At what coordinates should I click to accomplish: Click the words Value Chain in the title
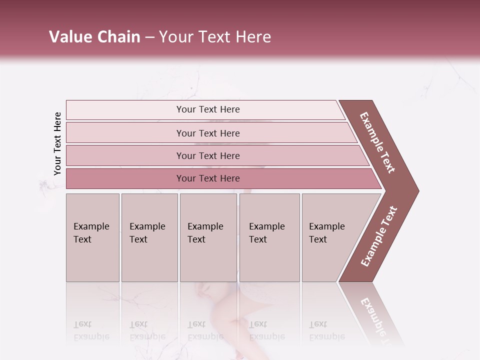click(94, 37)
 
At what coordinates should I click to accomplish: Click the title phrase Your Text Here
click(215, 37)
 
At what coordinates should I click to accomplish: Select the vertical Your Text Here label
click(57, 143)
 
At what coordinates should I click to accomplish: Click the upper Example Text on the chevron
click(377, 142)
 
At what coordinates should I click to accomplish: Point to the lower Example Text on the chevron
click(379, 236)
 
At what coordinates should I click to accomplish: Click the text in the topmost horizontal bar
click(208, 109)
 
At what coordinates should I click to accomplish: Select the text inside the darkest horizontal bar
click(208, 178)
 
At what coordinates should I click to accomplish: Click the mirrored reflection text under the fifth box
click(327, 330)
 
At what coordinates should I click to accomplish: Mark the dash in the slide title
click(149, 37)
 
